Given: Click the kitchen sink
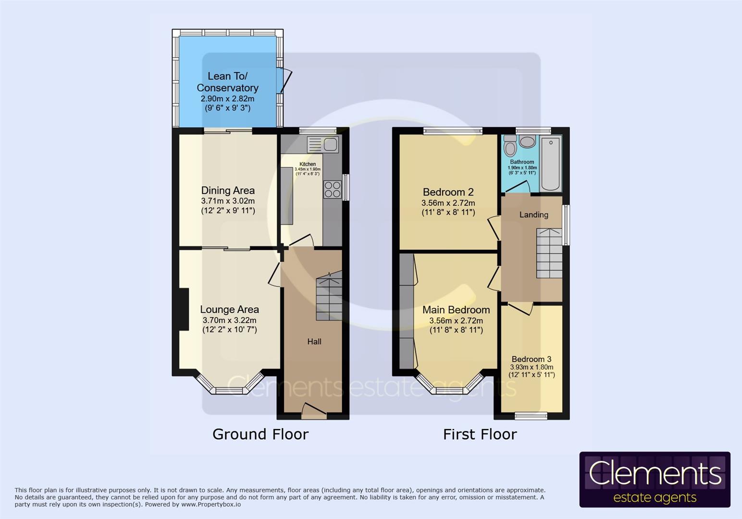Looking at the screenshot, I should [324, 144].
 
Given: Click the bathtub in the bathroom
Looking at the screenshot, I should [551, 163].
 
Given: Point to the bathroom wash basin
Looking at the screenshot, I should [528, 142].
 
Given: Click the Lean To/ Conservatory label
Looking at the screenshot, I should [227, 82].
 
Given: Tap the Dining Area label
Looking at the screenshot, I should [228, 190].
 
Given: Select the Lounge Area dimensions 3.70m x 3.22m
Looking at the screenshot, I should [229, 320].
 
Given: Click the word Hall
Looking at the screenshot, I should [314, 342].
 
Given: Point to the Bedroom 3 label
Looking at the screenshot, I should [531, 359].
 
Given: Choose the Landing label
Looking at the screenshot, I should [533, 215].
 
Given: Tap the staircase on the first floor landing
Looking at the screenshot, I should [549, 253].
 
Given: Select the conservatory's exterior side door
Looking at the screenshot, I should [285, 80].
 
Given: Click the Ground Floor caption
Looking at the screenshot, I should [260, 434].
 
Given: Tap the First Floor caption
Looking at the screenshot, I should [480, 434].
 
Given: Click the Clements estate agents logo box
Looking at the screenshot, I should [655, 479].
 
